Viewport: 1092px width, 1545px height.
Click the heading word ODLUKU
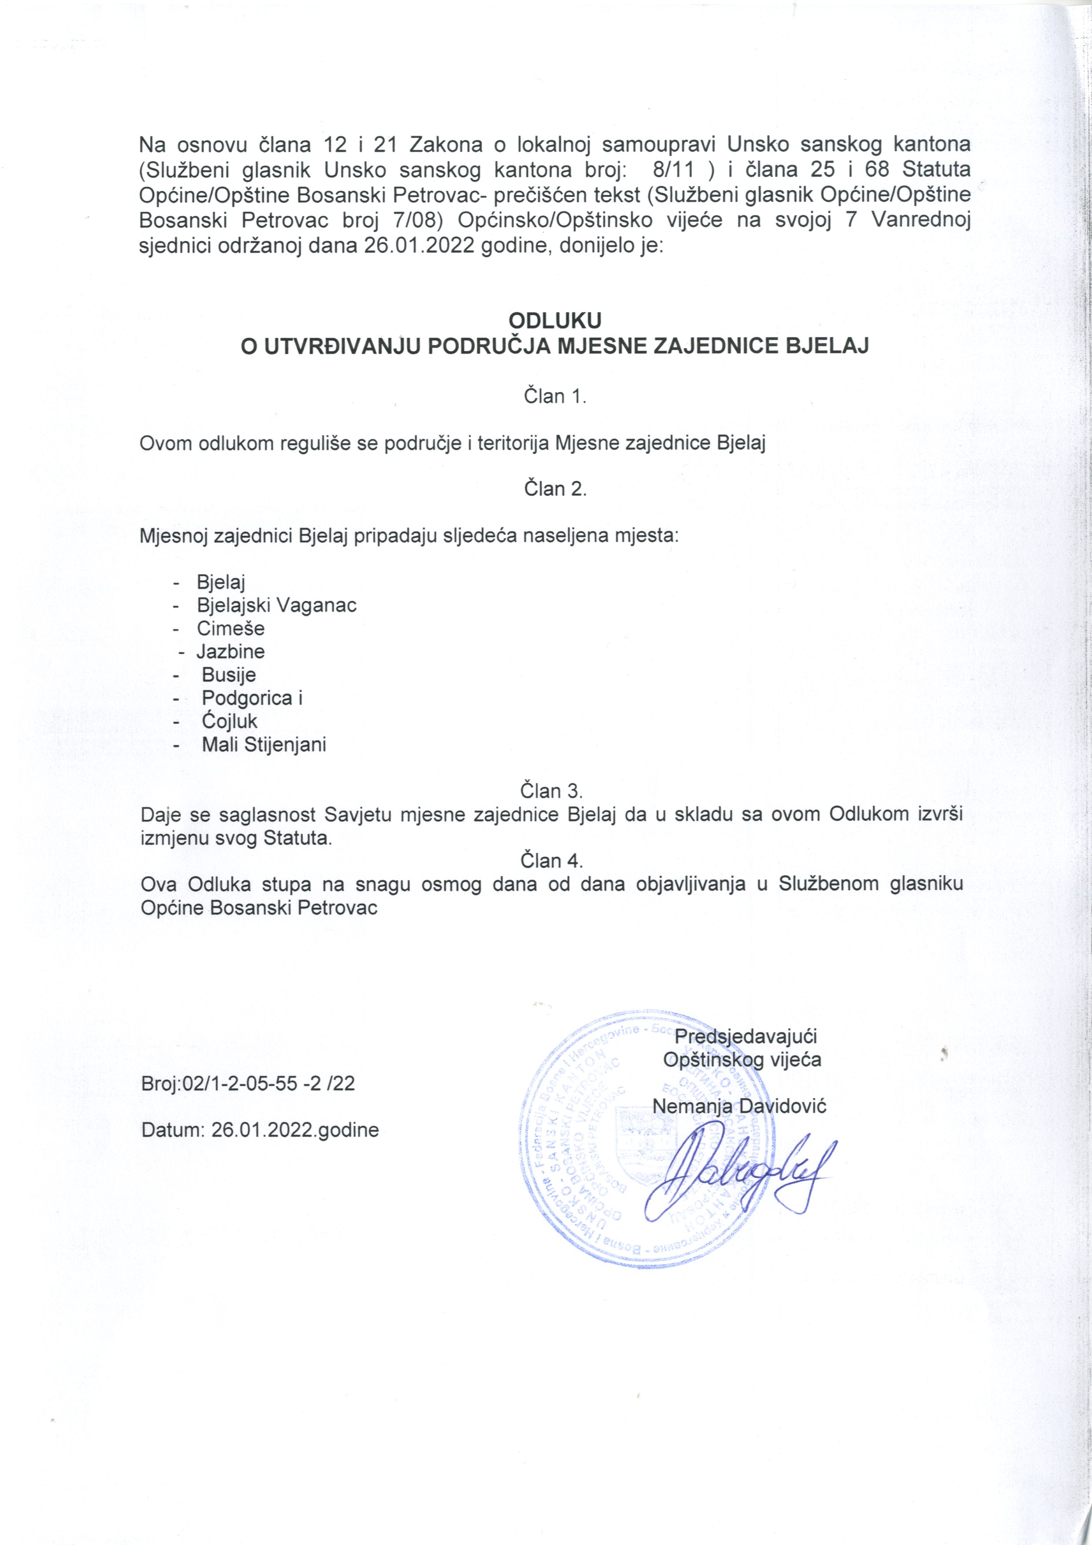(555, 319)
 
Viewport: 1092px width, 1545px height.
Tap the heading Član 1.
(555, 396)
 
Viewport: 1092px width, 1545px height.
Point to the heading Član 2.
(555, 489)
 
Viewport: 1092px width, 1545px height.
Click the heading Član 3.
(551, 790)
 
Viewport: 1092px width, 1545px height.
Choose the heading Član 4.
(551, 861)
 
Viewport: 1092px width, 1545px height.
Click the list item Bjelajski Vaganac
(276, 605)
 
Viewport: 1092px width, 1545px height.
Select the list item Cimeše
(231, 628)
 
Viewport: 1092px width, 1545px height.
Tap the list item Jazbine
(231, 651)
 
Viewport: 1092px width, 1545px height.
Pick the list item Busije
(229, 675)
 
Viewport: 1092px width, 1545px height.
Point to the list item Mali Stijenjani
(264, 745)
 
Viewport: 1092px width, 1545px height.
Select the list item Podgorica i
(252, 698)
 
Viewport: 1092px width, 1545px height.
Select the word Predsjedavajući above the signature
(746, 1036)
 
